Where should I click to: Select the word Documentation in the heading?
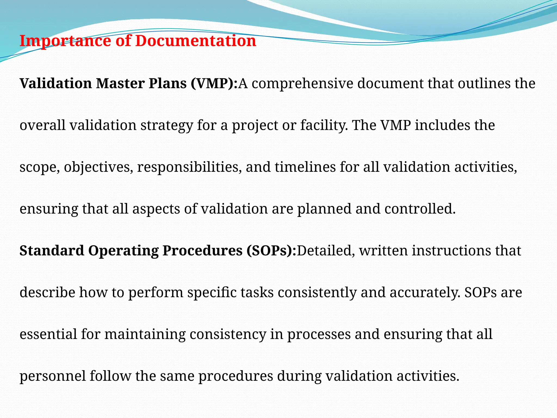196,41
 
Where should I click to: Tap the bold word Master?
120,83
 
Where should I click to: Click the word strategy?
166,125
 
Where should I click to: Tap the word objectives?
99,167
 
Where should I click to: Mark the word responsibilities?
189,167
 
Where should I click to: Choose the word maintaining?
145,334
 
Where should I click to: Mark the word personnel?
53,376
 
